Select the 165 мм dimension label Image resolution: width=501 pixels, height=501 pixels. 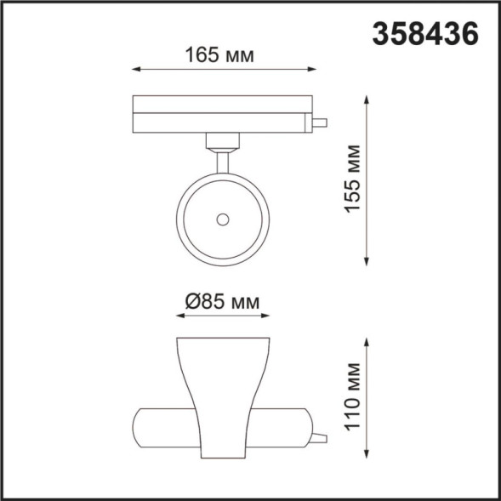pos(220,55)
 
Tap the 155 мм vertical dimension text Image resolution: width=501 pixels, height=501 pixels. pos(353,179)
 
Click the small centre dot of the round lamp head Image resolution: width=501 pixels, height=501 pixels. pos(223,219)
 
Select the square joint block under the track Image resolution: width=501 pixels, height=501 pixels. pos(223,141)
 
